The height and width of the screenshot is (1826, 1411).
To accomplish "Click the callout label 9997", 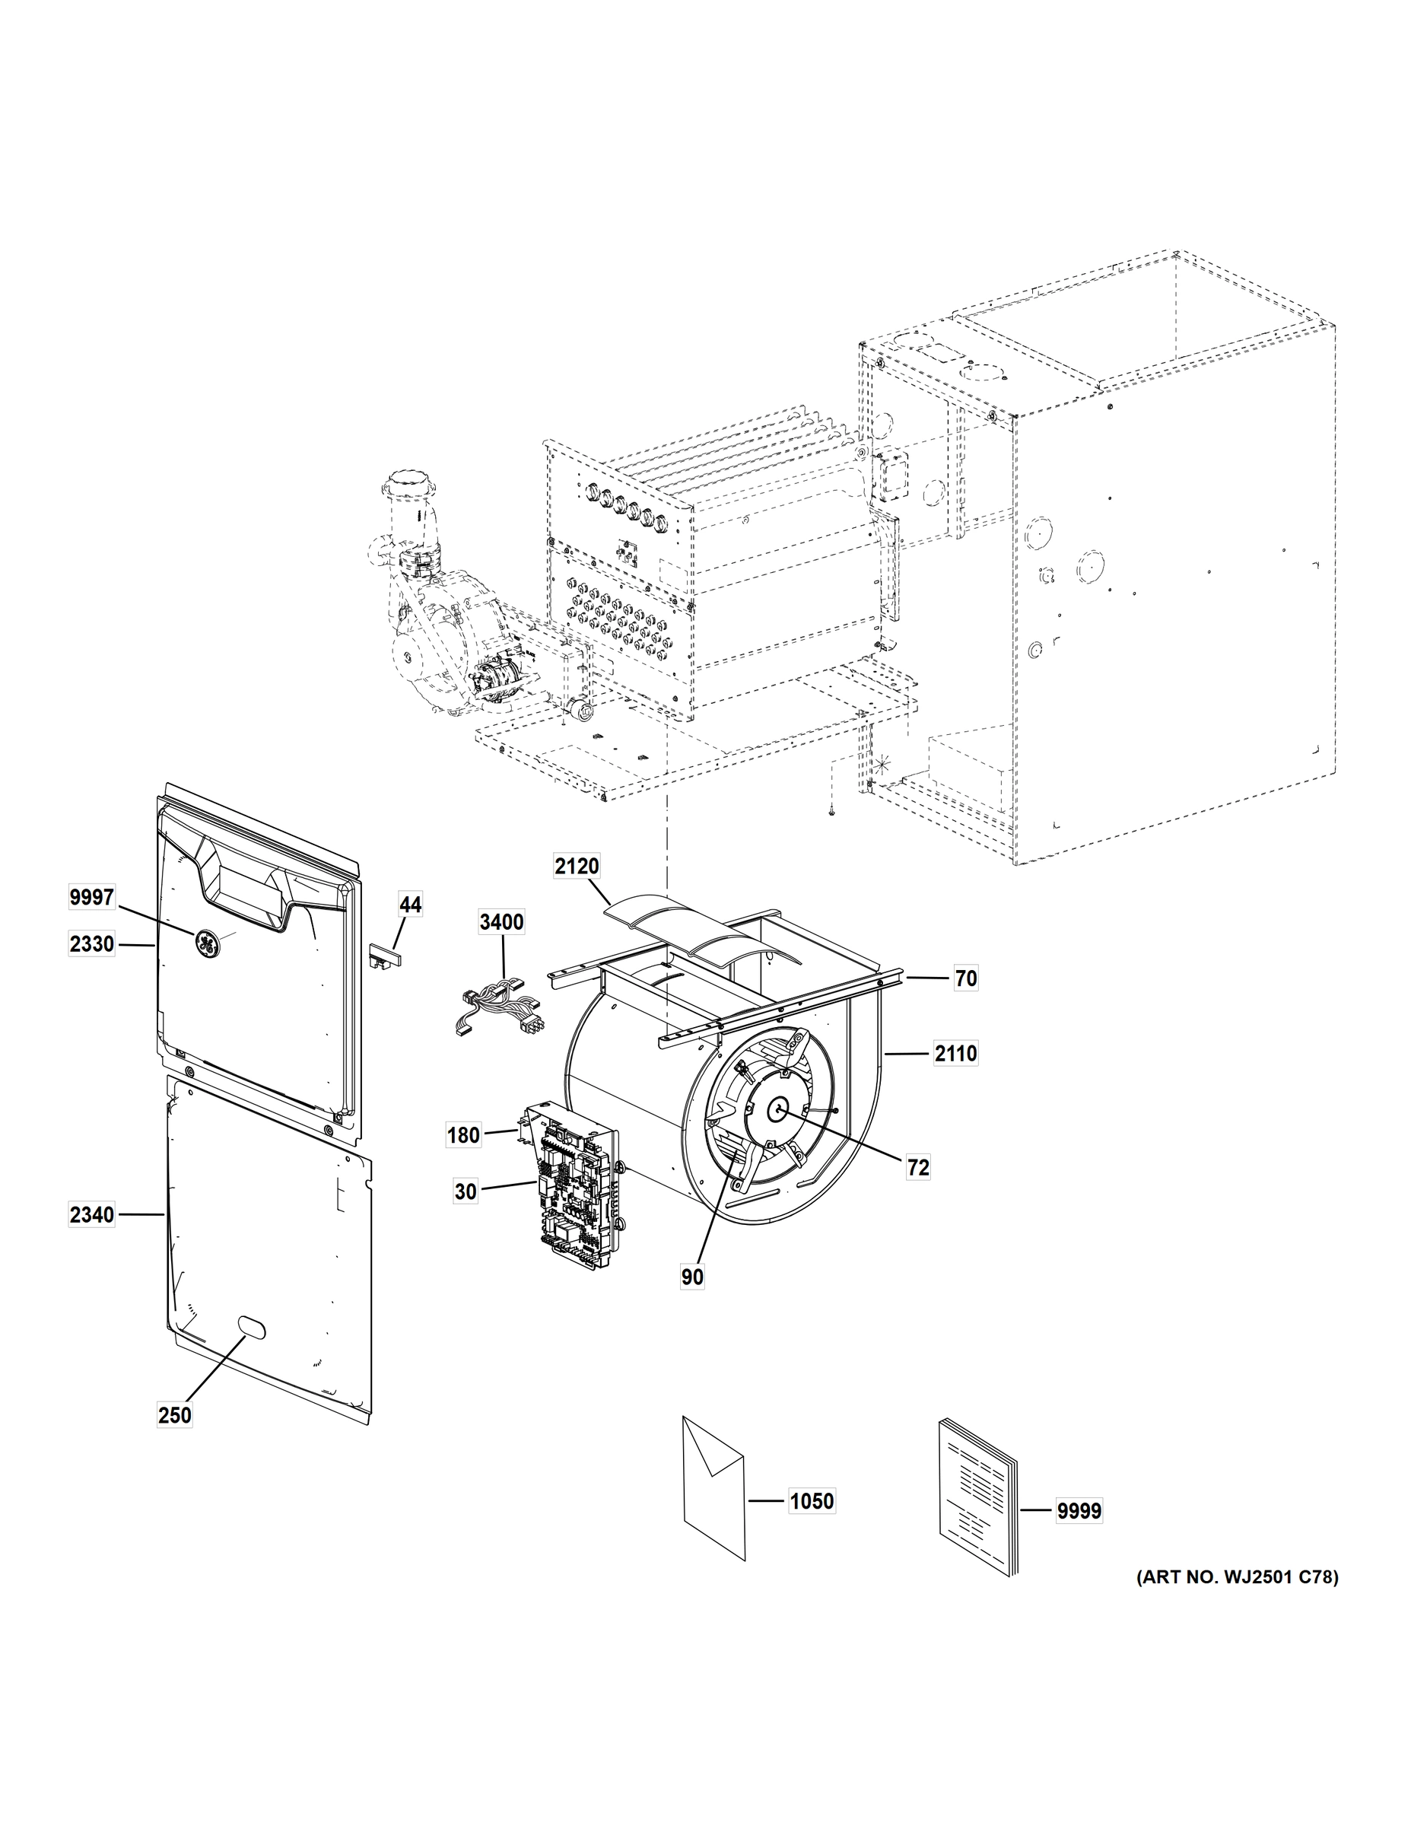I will pyautogui.click(x=92, y=898).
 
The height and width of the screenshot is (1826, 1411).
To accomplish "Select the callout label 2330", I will pyautogui.click(x=92, y=945).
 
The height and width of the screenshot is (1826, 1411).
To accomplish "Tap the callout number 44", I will pyautogui.click(x=409, y=905).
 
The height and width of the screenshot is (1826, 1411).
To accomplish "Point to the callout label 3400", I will pyautogui.click(x=501, y=922).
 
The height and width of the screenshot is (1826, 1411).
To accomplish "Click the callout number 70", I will pyautogui.click(x=965, y=978).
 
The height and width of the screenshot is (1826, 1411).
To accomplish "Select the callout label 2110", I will pyautogui.click(x=955, y=1055).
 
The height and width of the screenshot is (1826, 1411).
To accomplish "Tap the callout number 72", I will pyautogui.click(x=918, y=1168).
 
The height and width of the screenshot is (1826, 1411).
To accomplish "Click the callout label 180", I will pyautogui.click(x=464, y=1135).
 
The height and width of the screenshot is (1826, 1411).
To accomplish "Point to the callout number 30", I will pyautogui.click(x=466, y=1191).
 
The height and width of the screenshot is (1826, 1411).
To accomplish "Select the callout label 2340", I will pyautogui.click(x=92, y=1215).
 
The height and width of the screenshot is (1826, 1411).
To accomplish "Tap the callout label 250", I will pyautogui.click(x=175, y=1415).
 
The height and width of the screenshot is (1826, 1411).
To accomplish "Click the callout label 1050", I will pyautogui.click(x=812, y=1502).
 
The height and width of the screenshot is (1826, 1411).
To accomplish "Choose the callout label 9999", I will pyautogui.click(x=1079, y=1512).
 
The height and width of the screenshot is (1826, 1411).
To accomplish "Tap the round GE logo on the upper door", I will pyautogui.click(x=205, y=942).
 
